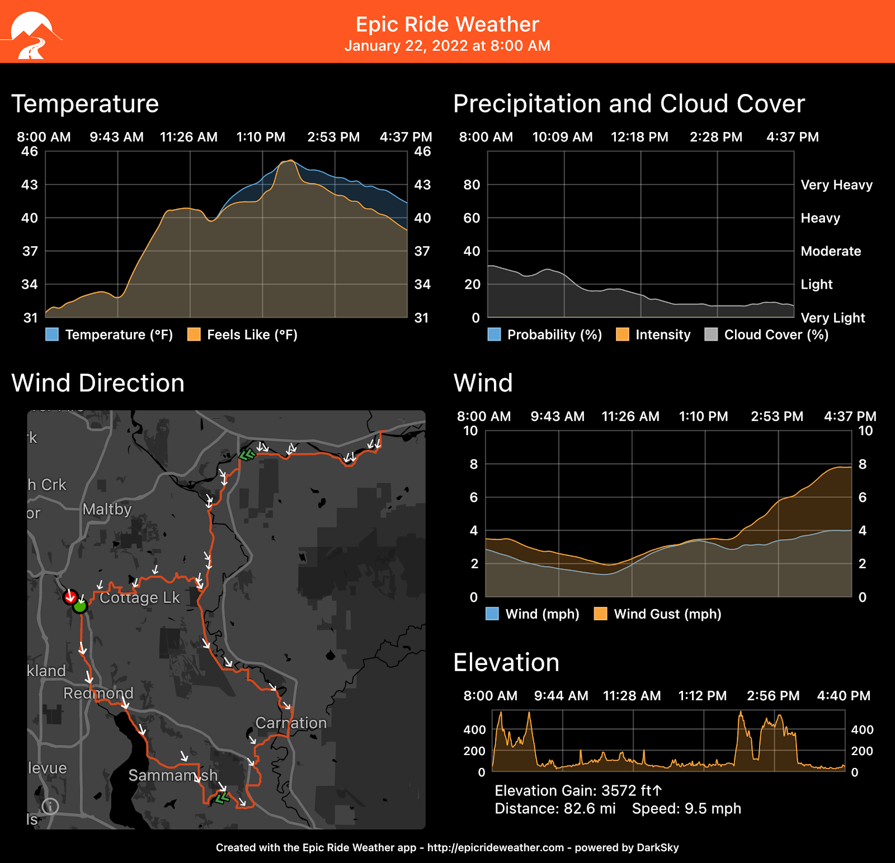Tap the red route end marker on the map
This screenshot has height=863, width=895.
70,597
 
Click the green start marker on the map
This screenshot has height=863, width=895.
81,606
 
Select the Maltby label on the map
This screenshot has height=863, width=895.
107,509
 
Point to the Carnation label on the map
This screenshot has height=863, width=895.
291,723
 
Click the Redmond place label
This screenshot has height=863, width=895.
98,693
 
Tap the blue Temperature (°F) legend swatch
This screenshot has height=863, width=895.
52,334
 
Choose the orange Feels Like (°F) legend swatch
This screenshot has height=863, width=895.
194,334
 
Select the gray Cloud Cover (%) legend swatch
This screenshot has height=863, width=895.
711,334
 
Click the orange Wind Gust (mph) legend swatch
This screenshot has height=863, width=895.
600,614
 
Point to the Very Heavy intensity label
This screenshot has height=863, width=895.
836,185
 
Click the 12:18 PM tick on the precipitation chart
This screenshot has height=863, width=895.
639,137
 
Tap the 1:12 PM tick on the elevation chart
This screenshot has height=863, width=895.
702,696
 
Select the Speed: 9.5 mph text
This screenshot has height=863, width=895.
686,809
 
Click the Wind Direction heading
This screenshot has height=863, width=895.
98,383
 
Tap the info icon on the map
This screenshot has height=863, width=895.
50,806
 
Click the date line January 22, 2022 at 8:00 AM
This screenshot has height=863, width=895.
447,46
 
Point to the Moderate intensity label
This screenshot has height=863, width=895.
831,251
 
